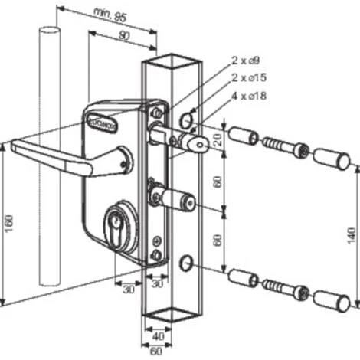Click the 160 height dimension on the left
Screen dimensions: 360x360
8,222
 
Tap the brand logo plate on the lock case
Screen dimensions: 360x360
100,122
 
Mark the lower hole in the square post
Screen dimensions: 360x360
185,263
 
